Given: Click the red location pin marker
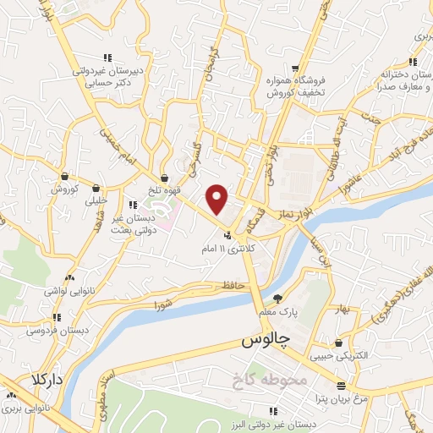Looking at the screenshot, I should click(217, 198).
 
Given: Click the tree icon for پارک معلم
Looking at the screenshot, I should click(277, 298).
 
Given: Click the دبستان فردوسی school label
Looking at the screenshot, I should click(59, 330).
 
